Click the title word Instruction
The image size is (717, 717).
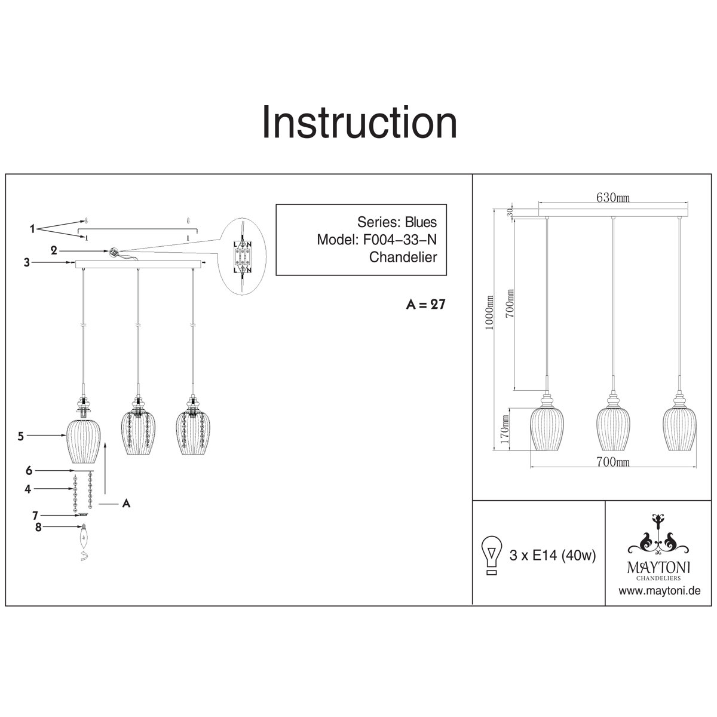360,122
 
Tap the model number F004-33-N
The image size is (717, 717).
399,240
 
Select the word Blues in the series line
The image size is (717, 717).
421,222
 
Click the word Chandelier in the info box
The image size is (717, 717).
403,257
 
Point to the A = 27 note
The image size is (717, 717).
425,304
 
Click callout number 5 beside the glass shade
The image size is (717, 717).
21,436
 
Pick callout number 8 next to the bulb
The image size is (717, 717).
38,527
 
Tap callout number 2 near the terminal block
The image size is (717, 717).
54,251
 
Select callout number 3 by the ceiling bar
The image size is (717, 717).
27,263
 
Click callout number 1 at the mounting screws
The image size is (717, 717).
33,229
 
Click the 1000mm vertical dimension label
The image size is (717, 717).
490,312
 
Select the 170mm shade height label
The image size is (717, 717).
504,430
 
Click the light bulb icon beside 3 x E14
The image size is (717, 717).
492,556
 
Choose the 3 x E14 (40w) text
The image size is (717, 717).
553,556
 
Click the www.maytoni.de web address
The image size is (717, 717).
659,590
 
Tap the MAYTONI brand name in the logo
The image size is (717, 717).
658,568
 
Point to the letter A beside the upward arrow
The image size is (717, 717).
127,504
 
